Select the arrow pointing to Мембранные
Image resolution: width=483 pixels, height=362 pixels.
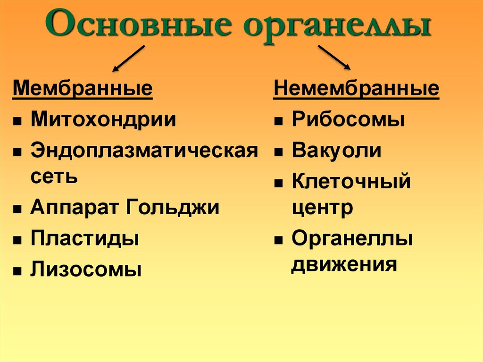pyautogui.click(x=129, y=59)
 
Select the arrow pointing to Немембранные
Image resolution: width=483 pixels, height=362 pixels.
pyautogui.click(x=334, y=57)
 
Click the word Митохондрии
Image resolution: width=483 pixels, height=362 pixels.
pyautogui.click(x=103, y=119)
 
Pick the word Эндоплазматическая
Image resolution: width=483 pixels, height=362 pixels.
pyautogui.click(x=144, y=151)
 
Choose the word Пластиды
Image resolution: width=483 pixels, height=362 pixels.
pyautogui.click(x=85, y=238)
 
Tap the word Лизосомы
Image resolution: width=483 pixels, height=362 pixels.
pyautogui.click(x=86, y=269)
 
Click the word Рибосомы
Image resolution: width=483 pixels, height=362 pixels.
pyautogui.click(x=348, y=119)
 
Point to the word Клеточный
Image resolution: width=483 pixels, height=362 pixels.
pyautogui.click(x=351, y=182)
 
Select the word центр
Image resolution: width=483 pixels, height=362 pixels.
pyautogui.click(x=322, y=208)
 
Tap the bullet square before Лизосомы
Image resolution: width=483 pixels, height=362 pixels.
pyautogui.click(x=17, y=272)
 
